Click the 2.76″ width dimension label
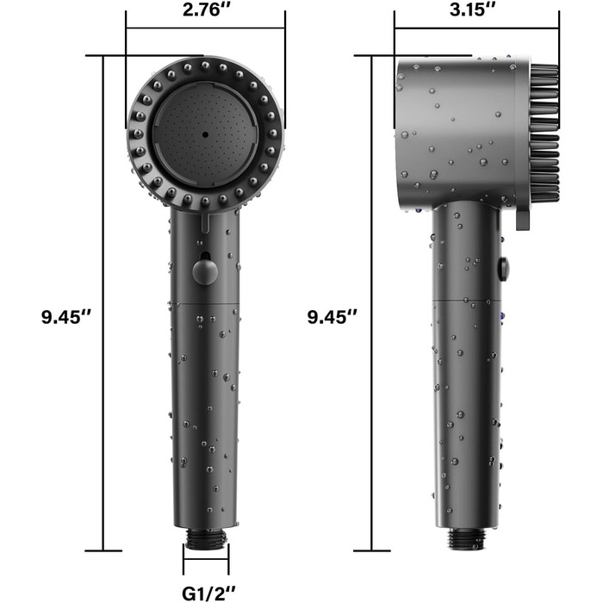[206, 9]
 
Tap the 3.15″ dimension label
[474, 9]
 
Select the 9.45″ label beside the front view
[66, 317]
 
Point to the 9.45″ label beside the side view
[333, 317]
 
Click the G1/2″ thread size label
[208, 593]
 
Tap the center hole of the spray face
[205, 134]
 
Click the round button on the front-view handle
[205, 271]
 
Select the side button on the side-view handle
[503, 268]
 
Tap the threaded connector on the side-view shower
[468, 538]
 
